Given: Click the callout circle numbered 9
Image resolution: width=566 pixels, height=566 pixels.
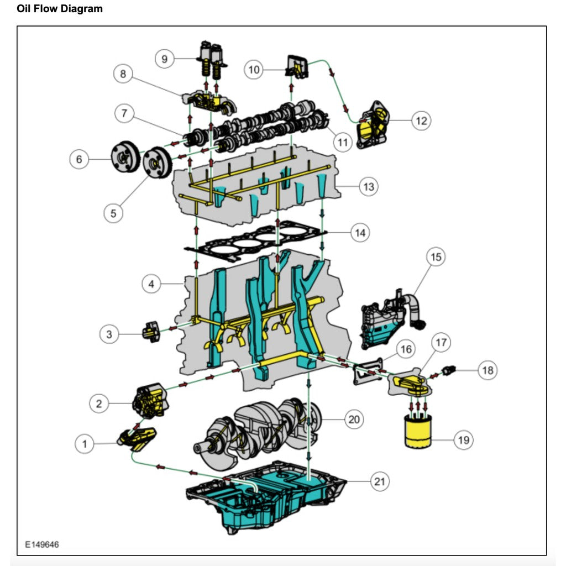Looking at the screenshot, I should (x=164, y=59).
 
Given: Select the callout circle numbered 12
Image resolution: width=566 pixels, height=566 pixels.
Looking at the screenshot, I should (x=421, y=120).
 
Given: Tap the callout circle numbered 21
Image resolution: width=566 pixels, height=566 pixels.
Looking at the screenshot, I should (x=379, y=481).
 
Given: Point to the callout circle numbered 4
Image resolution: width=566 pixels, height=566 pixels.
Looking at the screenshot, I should (x=151, y=285).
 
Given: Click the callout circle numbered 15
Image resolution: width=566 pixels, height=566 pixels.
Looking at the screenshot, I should (x=436, y=257).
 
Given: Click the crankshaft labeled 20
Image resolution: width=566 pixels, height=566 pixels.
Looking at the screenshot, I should (x=257, y=428).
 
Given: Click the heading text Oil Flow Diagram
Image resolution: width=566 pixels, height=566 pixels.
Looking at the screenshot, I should (x=60, y=9).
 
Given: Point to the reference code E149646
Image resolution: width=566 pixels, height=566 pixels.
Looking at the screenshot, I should (x=42, y=544).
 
